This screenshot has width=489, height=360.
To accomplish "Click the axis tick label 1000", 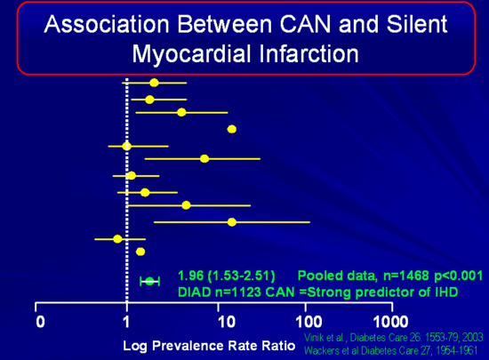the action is [x=391, y=322].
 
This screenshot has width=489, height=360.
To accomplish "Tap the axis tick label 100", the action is [x=309, y=322].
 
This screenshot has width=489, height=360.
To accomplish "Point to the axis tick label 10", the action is [x=227, y=322].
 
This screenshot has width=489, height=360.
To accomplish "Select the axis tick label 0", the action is [x=40, y=322].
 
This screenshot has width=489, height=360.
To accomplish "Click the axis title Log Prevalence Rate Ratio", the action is [x=209, y=346].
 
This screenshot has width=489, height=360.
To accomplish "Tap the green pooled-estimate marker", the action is [x=149, y=281].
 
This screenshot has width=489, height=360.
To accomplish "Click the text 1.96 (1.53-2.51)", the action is [x=227, y=276].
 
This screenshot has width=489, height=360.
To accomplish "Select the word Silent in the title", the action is [x=417, y=24].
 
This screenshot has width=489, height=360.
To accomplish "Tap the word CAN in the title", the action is [x=305, y=24].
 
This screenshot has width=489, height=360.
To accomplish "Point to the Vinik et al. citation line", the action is [x=394, y=338].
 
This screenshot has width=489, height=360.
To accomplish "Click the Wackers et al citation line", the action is [x=391, y=350].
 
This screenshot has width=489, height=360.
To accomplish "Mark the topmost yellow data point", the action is [x=154, y=83].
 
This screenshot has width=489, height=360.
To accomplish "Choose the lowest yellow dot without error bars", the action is [x=140, y=252].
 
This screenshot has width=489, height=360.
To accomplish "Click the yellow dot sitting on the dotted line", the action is [x=126, y=146].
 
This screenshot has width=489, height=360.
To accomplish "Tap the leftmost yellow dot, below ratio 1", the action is [x=117, y=239].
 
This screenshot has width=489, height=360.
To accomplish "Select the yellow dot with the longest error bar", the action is [x=232, y=222].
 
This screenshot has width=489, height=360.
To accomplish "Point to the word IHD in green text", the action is [x=446, y=292].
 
